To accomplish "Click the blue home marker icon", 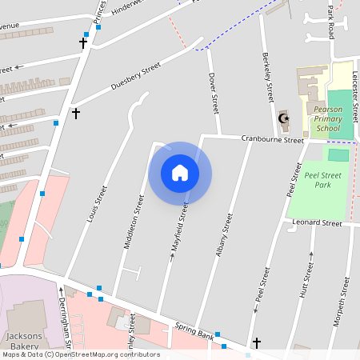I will [x=180, y=173].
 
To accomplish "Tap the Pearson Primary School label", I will [x=328, y=118].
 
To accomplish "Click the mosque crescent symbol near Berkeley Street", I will [x=283, y=119].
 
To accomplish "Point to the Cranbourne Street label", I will [x=274, y=139].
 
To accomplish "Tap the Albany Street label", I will [x=224, y=234].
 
